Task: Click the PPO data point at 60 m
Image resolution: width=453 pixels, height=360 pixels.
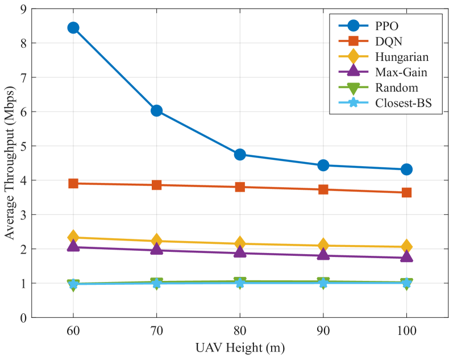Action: pos(73,28)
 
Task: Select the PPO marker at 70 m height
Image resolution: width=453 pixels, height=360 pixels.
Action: pos(157,110)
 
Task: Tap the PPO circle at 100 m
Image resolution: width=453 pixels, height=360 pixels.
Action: pos(406,169)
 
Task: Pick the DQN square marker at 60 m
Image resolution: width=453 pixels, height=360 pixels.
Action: pos(73,183)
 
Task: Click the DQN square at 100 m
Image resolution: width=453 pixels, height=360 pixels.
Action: pos(406,192)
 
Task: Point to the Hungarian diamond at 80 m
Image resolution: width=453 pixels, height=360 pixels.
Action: pos(240,243)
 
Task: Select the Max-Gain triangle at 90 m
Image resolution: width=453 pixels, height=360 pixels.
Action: pos(323,254)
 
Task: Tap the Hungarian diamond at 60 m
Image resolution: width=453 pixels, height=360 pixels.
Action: pos(73,237)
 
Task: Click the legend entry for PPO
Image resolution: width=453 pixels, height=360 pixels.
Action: pos(386,26)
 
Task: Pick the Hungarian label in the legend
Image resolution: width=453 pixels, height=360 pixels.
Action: pos(401,57)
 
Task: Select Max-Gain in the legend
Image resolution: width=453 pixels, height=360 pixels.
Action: pos(401,72)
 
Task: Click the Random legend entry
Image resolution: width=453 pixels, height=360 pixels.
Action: pos(396,88)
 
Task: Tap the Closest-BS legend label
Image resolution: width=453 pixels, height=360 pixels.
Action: pos(404,103)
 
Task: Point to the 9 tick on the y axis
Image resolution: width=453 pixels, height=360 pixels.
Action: pos(23,9)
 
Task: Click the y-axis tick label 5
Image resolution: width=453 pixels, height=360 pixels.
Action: pos(23,146)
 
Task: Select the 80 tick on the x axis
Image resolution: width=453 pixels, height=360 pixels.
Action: pos(240,329)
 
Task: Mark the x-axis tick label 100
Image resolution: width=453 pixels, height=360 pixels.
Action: pos(406,329)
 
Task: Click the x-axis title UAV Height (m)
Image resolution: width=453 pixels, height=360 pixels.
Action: pos(240,346)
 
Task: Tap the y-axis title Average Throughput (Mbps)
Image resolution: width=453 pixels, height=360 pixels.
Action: pos(9,163)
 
